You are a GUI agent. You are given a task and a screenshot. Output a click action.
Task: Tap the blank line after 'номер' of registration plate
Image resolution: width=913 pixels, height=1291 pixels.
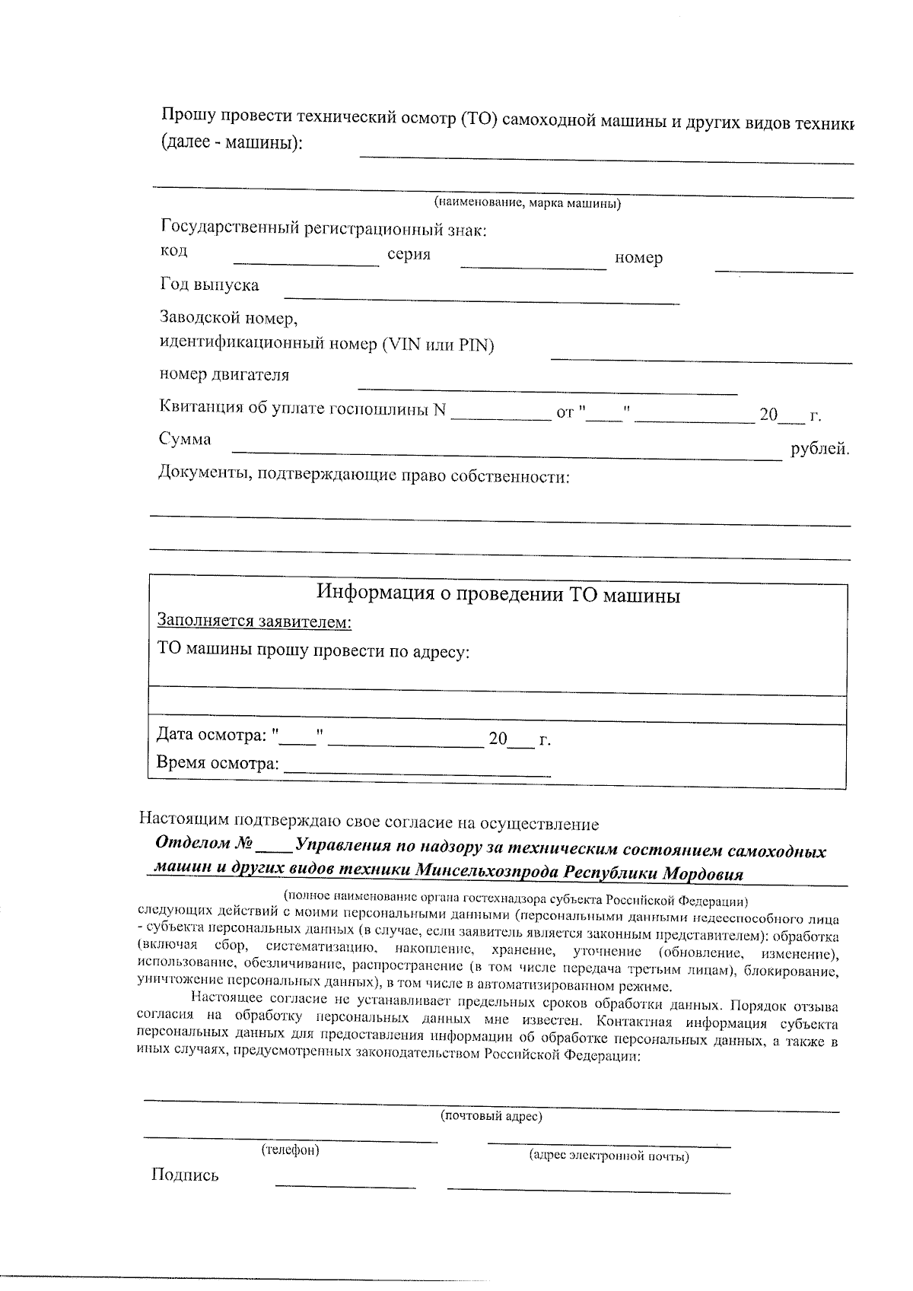[784, 269]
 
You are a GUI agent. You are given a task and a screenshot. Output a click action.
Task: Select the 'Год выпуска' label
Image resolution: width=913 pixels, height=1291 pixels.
[209, 285]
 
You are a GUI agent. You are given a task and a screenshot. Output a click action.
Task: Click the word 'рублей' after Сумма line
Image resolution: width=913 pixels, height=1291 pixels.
[819, 449]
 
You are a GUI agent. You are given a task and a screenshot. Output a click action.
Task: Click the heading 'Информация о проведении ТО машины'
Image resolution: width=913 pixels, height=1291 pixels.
[498, 594]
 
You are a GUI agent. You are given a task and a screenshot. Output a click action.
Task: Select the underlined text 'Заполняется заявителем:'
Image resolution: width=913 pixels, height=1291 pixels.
[254, 622]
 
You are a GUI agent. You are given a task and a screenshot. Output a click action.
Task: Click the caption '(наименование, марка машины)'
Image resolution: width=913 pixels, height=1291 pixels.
[527, 204]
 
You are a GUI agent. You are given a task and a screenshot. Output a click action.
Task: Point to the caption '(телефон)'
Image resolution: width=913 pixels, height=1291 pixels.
[290, 1149]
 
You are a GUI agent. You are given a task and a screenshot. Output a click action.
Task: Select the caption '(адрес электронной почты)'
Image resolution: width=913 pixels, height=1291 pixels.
[609, 1156]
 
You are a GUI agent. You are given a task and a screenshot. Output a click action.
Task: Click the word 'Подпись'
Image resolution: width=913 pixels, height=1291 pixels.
[185, 1175]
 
